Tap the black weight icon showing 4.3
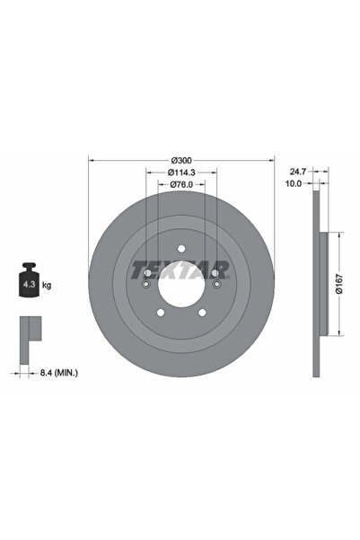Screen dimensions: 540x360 [29, 282]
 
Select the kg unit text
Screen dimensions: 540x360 [47, 285]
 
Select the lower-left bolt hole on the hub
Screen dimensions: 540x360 [161, 312]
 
